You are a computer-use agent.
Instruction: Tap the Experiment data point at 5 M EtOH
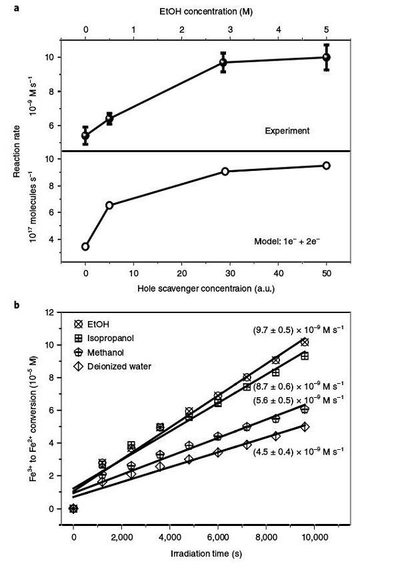[x=326, y=57]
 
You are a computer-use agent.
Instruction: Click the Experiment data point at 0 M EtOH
[x=85, y=135]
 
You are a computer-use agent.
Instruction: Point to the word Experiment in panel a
[x=287, y=131]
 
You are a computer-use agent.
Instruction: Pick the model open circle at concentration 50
[x=326, y=165]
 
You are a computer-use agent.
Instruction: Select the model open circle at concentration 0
[x=85, y=246]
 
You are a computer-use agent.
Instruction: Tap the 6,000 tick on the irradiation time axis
[x=217, y=535]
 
